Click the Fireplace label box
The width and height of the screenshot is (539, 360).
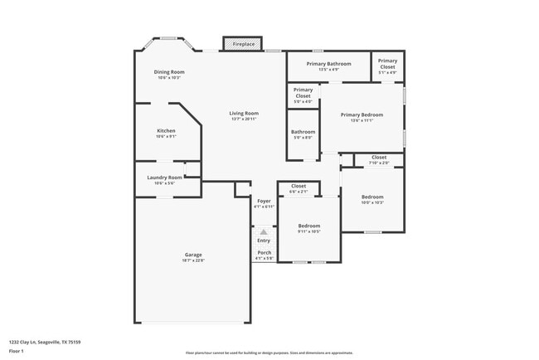tap(243, 43)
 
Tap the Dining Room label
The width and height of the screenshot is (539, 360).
tap(169, 72)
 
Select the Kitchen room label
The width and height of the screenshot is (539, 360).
tap(166, 131)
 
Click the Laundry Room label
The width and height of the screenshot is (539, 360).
tap(164, 178)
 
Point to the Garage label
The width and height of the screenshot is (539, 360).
tap(193, 255)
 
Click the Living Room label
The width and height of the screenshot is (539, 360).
tap(244, 114)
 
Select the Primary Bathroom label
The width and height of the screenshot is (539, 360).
tap(328, 64)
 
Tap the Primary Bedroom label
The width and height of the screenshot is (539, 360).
tap(362, 114)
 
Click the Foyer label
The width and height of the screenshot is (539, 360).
tap(264, 201)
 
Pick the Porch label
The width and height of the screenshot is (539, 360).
tap(264, 252)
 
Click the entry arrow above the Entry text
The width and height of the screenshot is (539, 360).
tap(264, 232)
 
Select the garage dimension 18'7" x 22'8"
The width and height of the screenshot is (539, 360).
tap(193, 260)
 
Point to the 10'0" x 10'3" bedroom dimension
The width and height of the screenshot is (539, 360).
tap(372, 202)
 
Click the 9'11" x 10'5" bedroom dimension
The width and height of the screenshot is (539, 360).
tap(309, 231)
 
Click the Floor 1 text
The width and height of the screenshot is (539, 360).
tap(17, 352)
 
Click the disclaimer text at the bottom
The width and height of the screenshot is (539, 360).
tap(269, 352)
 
